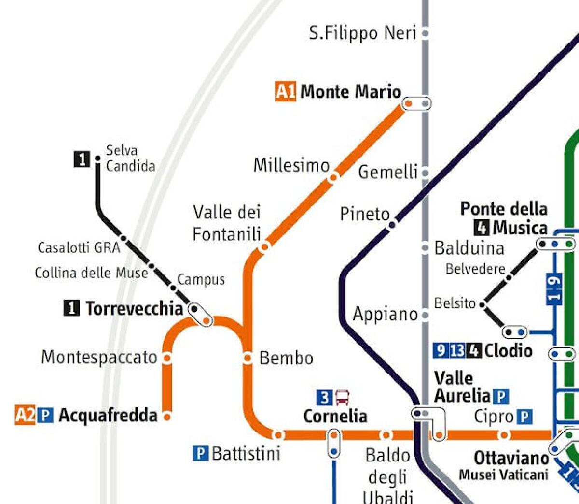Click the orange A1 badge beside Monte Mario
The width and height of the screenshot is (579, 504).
click(x=285, y=91)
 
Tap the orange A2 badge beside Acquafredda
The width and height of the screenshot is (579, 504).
click(x=25, y=415)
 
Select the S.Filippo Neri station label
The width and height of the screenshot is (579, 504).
click(x=362, y=33)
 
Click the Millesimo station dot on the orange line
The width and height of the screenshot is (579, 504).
click(x=333, y=178)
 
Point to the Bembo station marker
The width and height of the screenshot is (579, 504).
click(x=248, y=358)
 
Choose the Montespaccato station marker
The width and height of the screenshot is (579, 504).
click(x=167, y=358)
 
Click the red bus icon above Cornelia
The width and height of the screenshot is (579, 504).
click(x=343, y=398)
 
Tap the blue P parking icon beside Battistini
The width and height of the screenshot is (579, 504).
click(x=200, y=453)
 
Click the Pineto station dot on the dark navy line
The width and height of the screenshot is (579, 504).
click(x=392, y=224)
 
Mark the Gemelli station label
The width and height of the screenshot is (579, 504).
click(x=387, y=172)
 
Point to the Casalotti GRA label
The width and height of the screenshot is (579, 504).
click(x=79, y=248)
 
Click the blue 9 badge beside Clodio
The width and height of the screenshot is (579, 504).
click(x=440, y=350)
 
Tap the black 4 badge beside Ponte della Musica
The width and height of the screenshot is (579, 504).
click(x=482, y=227)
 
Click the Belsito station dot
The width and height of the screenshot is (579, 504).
click(x=482, y=304)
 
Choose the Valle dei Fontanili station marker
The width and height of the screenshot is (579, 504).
click(x=264, y=247)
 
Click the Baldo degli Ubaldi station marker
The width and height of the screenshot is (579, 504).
click(x=386, y=435)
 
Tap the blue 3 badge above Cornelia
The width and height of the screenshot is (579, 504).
click(x=324, y=398)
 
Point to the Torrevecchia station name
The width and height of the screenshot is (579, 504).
click(x=134, y=308)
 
